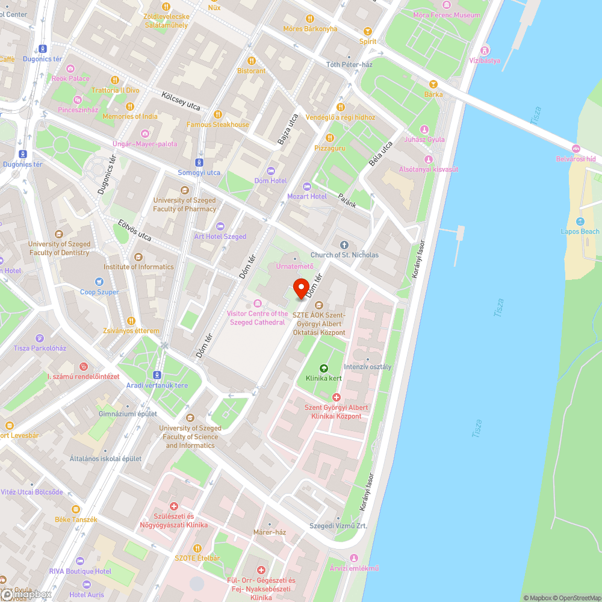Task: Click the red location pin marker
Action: [x=302, y=288]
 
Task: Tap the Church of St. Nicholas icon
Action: [x=344, y=245]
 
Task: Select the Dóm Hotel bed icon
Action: [x=270, y=171]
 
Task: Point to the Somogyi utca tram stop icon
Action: [x=199, y=163]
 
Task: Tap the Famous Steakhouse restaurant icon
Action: [x=217, y=114]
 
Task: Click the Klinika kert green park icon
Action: [x=323, y=368]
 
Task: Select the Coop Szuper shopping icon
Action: [x=100, y=282]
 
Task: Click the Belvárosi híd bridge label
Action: [x=575, y=159]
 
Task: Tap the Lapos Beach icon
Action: [x=580, y=222]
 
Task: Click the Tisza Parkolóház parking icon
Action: [x=40, y=338]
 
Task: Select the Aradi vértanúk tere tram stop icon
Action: [x=157, y=374]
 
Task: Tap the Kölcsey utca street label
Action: [x=181, y=101]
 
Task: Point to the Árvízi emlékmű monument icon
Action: [x=354, y=558]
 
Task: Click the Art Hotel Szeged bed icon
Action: [x=220, y=226]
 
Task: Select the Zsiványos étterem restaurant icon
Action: [x=131, y=321]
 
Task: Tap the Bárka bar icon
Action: [x=433, y=84]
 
